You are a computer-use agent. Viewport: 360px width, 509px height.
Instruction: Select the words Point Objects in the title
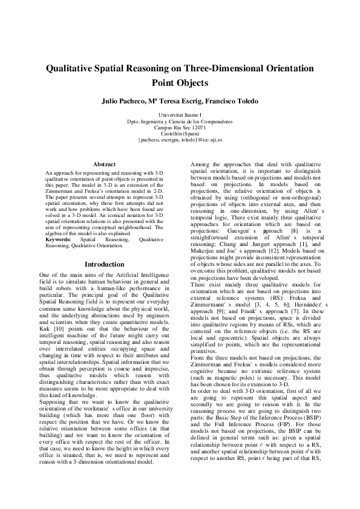pos(180,83)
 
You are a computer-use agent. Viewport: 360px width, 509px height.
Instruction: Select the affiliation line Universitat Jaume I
pos(180,115)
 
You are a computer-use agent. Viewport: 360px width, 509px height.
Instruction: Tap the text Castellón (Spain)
pos(180,134)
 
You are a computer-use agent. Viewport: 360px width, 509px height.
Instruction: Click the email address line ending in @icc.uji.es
pos(180,140)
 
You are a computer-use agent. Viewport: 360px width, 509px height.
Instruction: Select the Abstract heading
pos(104,164)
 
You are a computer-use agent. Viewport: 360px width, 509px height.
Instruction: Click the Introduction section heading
pos(104,265)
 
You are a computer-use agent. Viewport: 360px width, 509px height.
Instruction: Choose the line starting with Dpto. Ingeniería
pos(180,121)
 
